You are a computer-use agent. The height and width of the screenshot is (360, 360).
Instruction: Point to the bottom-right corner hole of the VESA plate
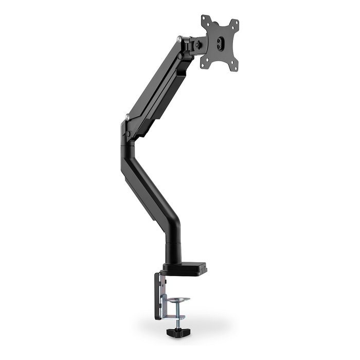coord(234,65)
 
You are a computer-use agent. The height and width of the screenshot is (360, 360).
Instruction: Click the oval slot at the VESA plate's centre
coord(220,43)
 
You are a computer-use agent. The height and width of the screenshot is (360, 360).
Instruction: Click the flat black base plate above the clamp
coord(185,269)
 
